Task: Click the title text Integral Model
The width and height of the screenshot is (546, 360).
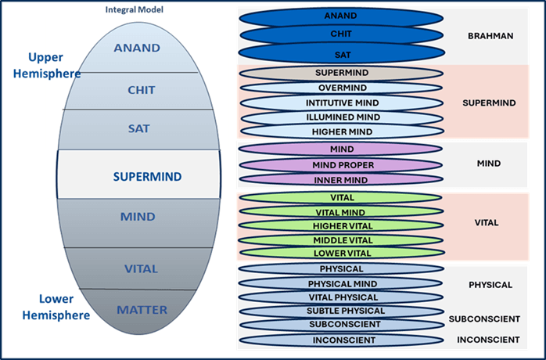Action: pos(129,9)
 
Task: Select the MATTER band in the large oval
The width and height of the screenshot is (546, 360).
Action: pos(142,310)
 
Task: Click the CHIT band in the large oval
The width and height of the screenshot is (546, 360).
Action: pos(142,90)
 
